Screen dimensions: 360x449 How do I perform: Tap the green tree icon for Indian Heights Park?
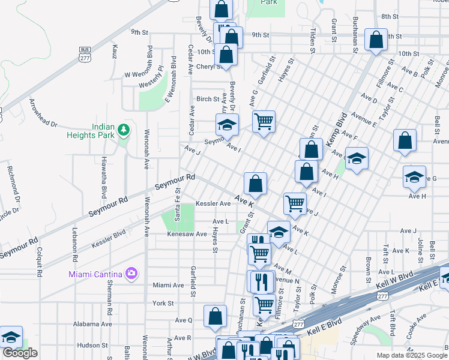tap(124, 130)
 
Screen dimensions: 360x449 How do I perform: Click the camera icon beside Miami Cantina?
tap(131, 274)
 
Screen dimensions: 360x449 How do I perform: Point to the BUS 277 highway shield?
tap(85, 53)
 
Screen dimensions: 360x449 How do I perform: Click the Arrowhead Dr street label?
tap(43, 113)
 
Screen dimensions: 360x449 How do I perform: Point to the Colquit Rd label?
tap(39, 262)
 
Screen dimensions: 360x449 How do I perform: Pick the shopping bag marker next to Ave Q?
tap(215, 316)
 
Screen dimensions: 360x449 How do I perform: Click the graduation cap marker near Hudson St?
tap(10, 337)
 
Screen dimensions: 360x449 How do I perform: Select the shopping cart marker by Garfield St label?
tap(264, 122)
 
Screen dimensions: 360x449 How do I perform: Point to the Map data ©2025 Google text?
tap(412, 355)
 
